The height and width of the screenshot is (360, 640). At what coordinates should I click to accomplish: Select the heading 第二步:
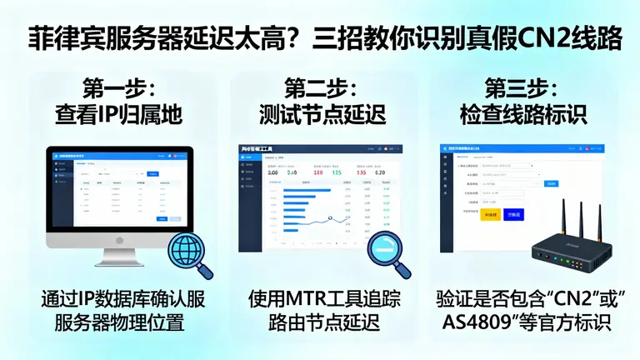coord(320,87)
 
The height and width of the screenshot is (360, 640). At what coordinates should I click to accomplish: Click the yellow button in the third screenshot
coord(490,214)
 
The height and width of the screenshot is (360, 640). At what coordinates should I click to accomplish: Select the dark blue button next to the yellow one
coord(514,214)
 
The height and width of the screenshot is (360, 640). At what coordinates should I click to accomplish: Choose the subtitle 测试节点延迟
coord(320,114)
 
